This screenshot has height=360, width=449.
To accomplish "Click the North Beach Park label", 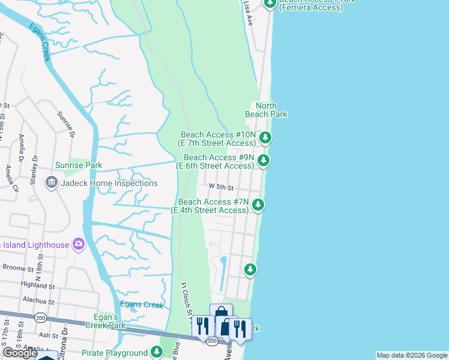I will pos(267,110).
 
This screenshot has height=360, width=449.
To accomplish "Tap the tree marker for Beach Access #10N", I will pos(265,139).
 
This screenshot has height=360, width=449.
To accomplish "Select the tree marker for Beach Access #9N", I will pos(263,160).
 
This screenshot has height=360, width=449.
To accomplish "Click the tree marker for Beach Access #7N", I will pos(258,205).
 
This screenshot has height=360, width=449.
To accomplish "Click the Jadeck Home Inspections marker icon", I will pos(51,183).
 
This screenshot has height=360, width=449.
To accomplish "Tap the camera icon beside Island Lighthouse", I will pos(78,244).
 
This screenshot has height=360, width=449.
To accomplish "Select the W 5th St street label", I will pos(220,187).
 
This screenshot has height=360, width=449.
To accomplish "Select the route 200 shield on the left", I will pos(40,317).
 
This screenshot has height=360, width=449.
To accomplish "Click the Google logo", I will pos(20,353).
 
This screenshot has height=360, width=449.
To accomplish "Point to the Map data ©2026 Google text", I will pos(412,355).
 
